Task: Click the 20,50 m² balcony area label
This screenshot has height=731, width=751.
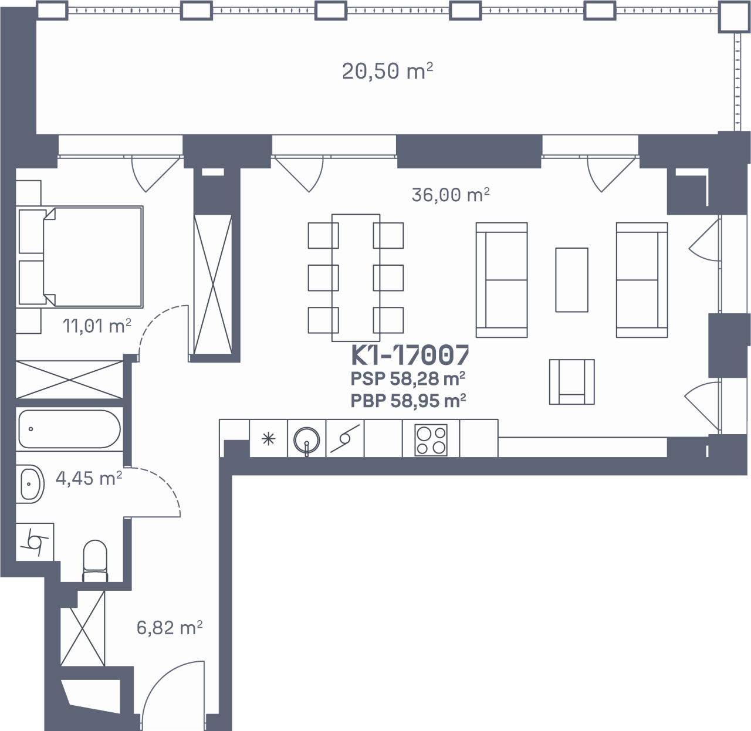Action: coord(387,72)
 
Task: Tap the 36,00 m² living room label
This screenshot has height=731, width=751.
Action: coord(451,195)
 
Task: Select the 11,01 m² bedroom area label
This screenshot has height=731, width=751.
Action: coord(97,326)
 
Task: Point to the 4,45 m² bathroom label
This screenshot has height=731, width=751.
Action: coord(89,479)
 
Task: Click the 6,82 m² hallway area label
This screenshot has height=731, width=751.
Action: coord(170,628)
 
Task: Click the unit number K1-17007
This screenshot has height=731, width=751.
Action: coord(410,356)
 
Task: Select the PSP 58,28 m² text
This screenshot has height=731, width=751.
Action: coord(408,378)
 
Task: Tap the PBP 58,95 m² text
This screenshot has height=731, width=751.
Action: coord(408,401)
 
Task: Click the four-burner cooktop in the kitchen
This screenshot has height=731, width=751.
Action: coord(431,440)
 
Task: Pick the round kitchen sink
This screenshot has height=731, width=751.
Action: coord(307,440)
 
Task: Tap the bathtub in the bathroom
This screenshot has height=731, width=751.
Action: coord(69,429)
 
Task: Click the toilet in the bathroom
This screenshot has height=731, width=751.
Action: coord(95,560)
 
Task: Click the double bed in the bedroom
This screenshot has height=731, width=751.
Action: coord(80,257)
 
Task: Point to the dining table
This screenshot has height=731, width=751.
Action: coord(356,278)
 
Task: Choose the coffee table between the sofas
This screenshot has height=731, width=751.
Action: coord(572,280)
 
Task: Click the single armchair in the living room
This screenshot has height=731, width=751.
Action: coord(572,382)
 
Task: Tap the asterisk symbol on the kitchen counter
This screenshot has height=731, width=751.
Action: coord(268,439)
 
